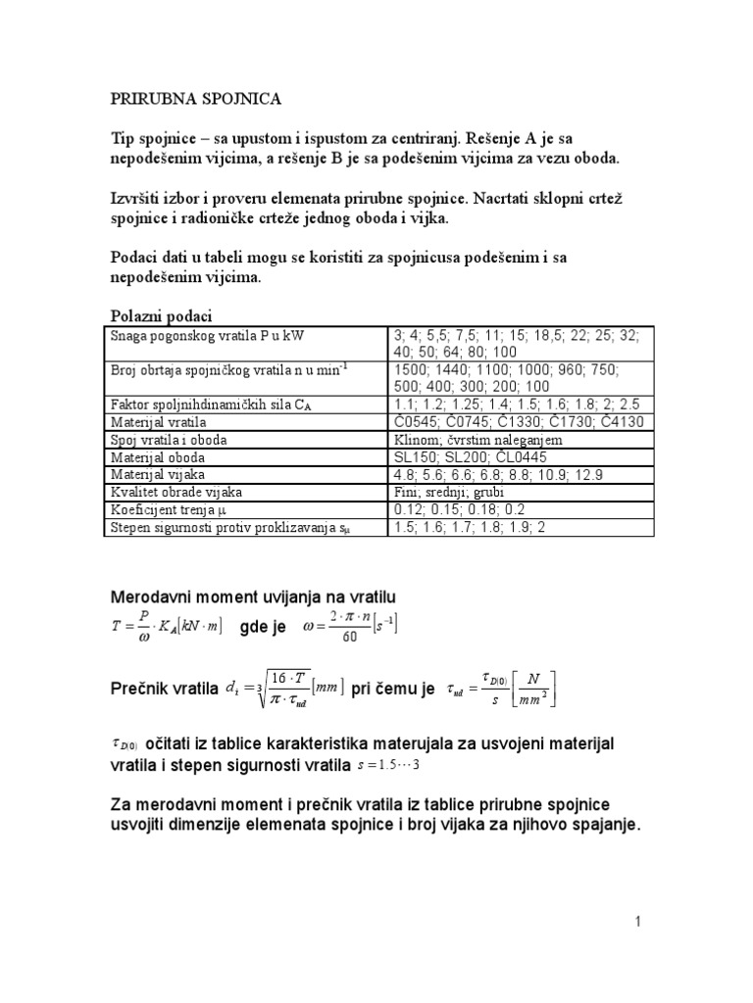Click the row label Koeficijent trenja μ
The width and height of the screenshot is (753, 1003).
coord(169,509)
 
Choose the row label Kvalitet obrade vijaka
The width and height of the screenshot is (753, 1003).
coord(176,492)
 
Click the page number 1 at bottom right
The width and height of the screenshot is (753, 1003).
coord(637,922)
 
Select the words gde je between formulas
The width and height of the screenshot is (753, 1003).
coord(263,626)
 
